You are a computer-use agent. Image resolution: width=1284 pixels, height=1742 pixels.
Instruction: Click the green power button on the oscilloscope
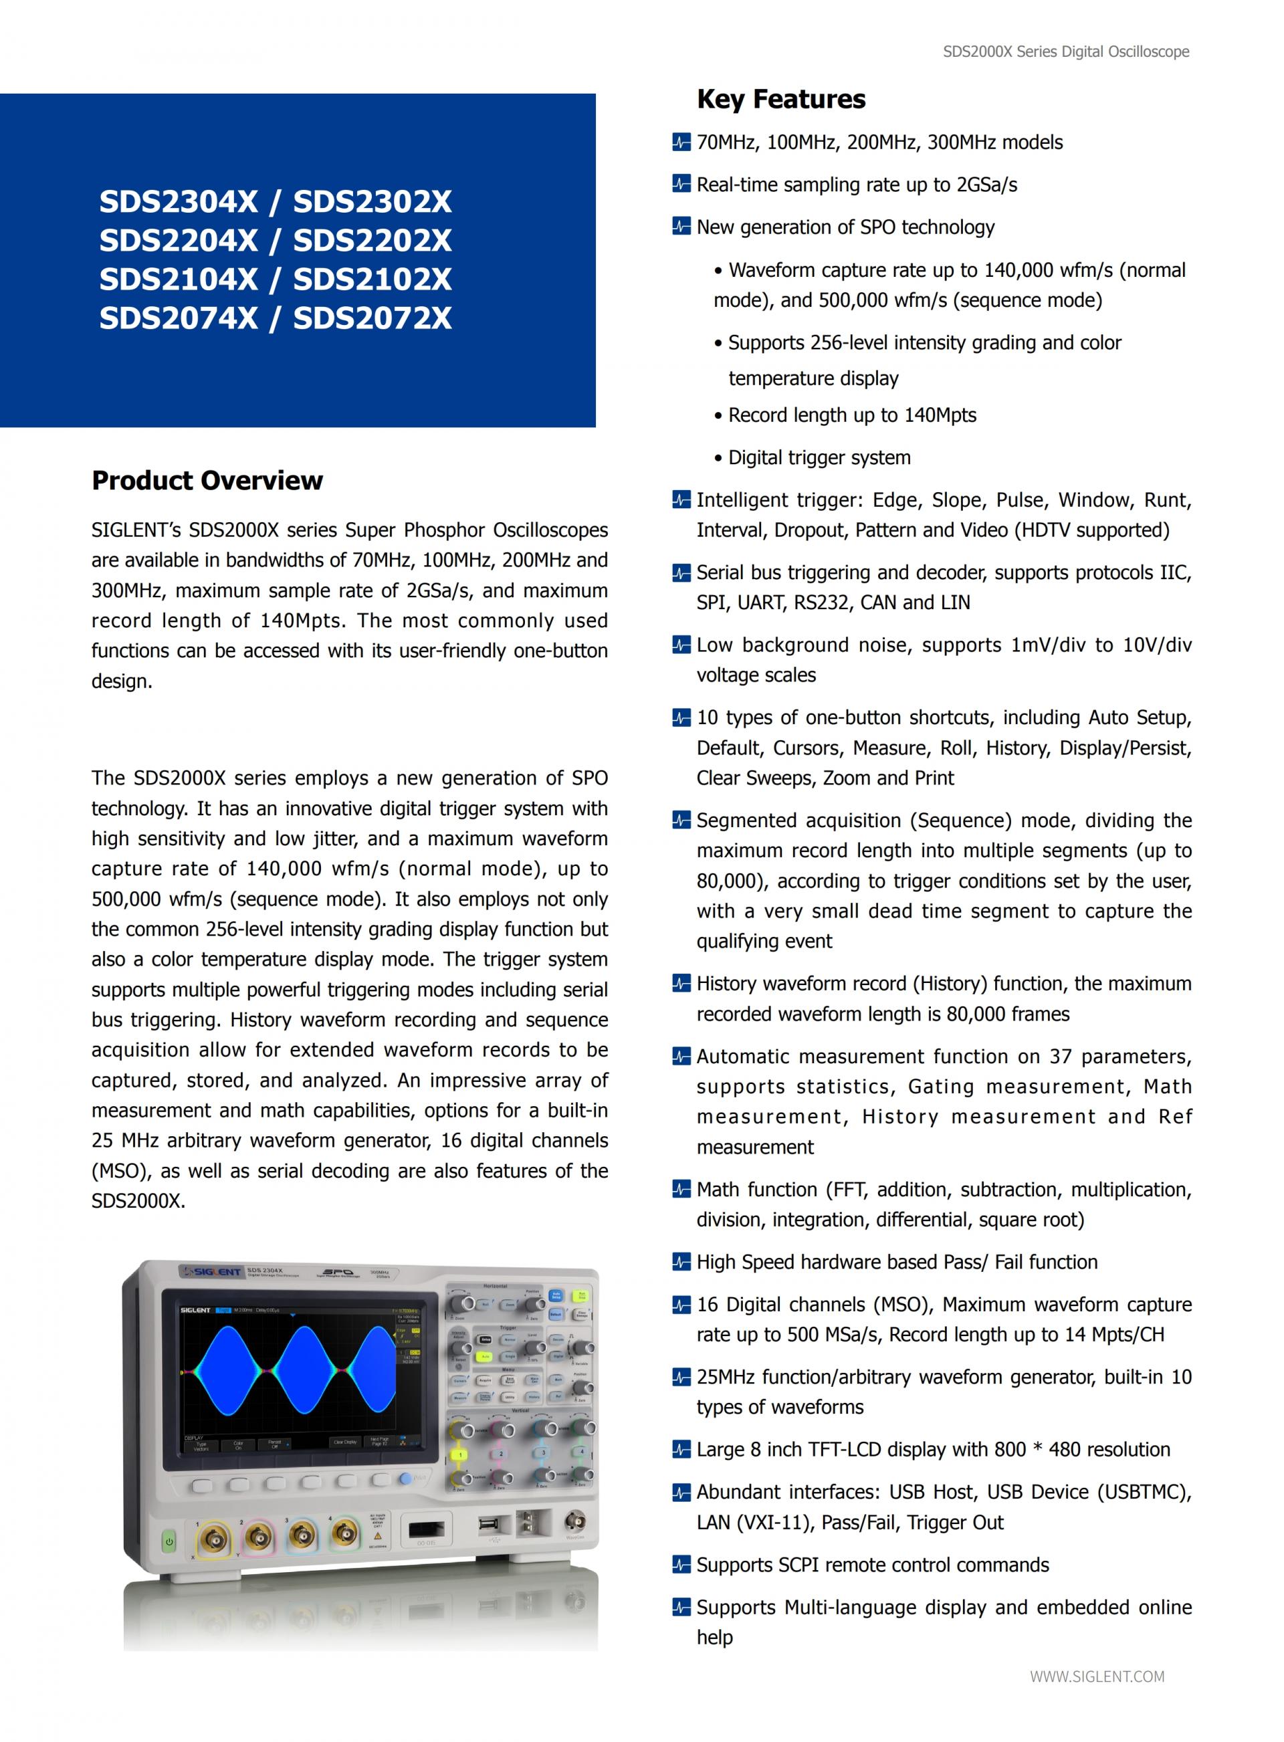pyautogui.click(x=169, y=1541)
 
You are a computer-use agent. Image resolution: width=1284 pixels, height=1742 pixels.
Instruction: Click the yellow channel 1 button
pyautogui.click(x=460, y=1454)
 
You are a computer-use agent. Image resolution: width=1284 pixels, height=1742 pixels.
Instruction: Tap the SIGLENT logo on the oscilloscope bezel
pyautogui.click(x=212, y=1272)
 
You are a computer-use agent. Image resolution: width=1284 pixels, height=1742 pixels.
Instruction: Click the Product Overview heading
pyautogui.click(x=207, y=480)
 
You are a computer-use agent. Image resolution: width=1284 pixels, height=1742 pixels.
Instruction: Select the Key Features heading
pyautogui.click(x=780, y=100)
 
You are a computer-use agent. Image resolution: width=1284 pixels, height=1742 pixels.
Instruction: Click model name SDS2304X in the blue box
pyautogui.click(x=178, y=202)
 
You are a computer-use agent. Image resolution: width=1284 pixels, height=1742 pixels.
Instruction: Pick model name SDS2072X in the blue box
pyautogui.click(x=372, y=318)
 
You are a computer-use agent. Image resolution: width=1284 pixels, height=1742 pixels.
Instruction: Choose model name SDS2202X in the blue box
pyautogui.click(x=372, y=241)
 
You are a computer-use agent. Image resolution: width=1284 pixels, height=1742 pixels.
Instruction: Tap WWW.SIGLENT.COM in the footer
pyautogui.click(x=1097, y=1676)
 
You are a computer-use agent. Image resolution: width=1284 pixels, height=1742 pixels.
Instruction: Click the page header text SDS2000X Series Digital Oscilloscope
pyautogui.click(x=1065, y=52)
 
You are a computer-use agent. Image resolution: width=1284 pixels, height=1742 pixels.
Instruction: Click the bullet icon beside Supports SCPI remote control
pyautogui.click(x=681, y=1565)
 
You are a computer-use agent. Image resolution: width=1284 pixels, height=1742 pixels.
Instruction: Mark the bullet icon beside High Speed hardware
pyautogui.click(x=681, y=1262)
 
